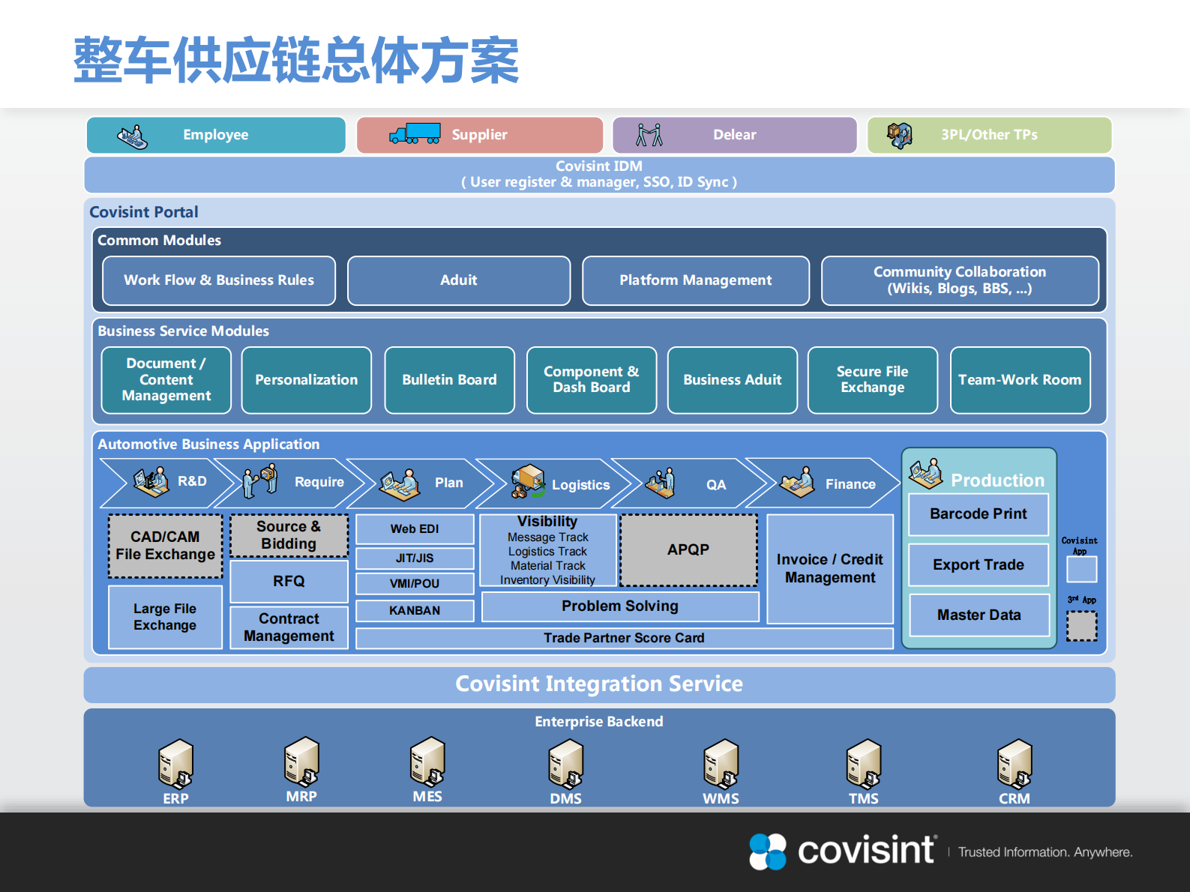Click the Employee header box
pyautogui.click(x=216, y=135)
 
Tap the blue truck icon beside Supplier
pyautogui.click(x=415, y=134)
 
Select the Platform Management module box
pyautogui.click(x=695, y=280)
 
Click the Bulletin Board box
pyautogui.click(x=449, y=380)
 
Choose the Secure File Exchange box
pyautogui.click(x=872, y=380)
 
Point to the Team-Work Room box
pyautogui.click(x=1020, y=380)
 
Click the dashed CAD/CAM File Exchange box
pyautogui.click(x=165, y=546)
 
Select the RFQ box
pyautogui.click(x=289, y=581)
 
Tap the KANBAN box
pyautogui.click(x=415, y=610)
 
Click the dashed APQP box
pyautogui.click(x=688, y=549)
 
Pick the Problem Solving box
pyautogui.click(x=619, y=606)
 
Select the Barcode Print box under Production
pyautogui.click(x=978, y=514)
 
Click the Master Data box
pyautogui.click(x=979, y=615)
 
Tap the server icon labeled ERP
pyautogui.click(x=175, y=764)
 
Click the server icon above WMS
pyautogui.click(x=721, y=764)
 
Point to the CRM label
pyautogui.click(x=1014, y=799)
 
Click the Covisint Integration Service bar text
pyautogui.click(x=599, y=684)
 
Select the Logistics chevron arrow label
pyautogui.click(x=580, y=485)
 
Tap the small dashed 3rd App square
pyautogui.click(x=1081, y=626)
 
